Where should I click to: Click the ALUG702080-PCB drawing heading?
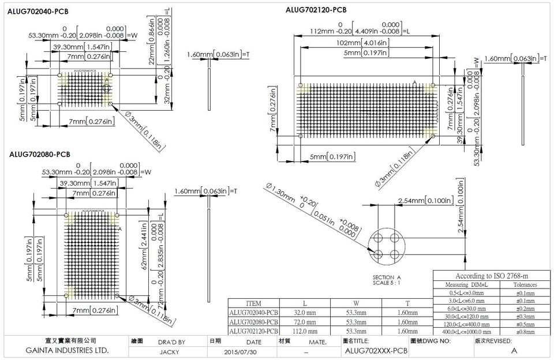point(39,154)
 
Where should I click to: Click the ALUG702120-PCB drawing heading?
point(316,9)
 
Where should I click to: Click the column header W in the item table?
point(356,303)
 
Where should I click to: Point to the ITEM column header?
point(253,303)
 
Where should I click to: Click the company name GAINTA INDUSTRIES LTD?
point(68,351)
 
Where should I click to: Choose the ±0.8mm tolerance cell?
point(525,331)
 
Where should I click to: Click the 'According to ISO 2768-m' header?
point(492,276)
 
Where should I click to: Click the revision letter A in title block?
point(514,351)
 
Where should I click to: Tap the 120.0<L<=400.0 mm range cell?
point(467,324)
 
